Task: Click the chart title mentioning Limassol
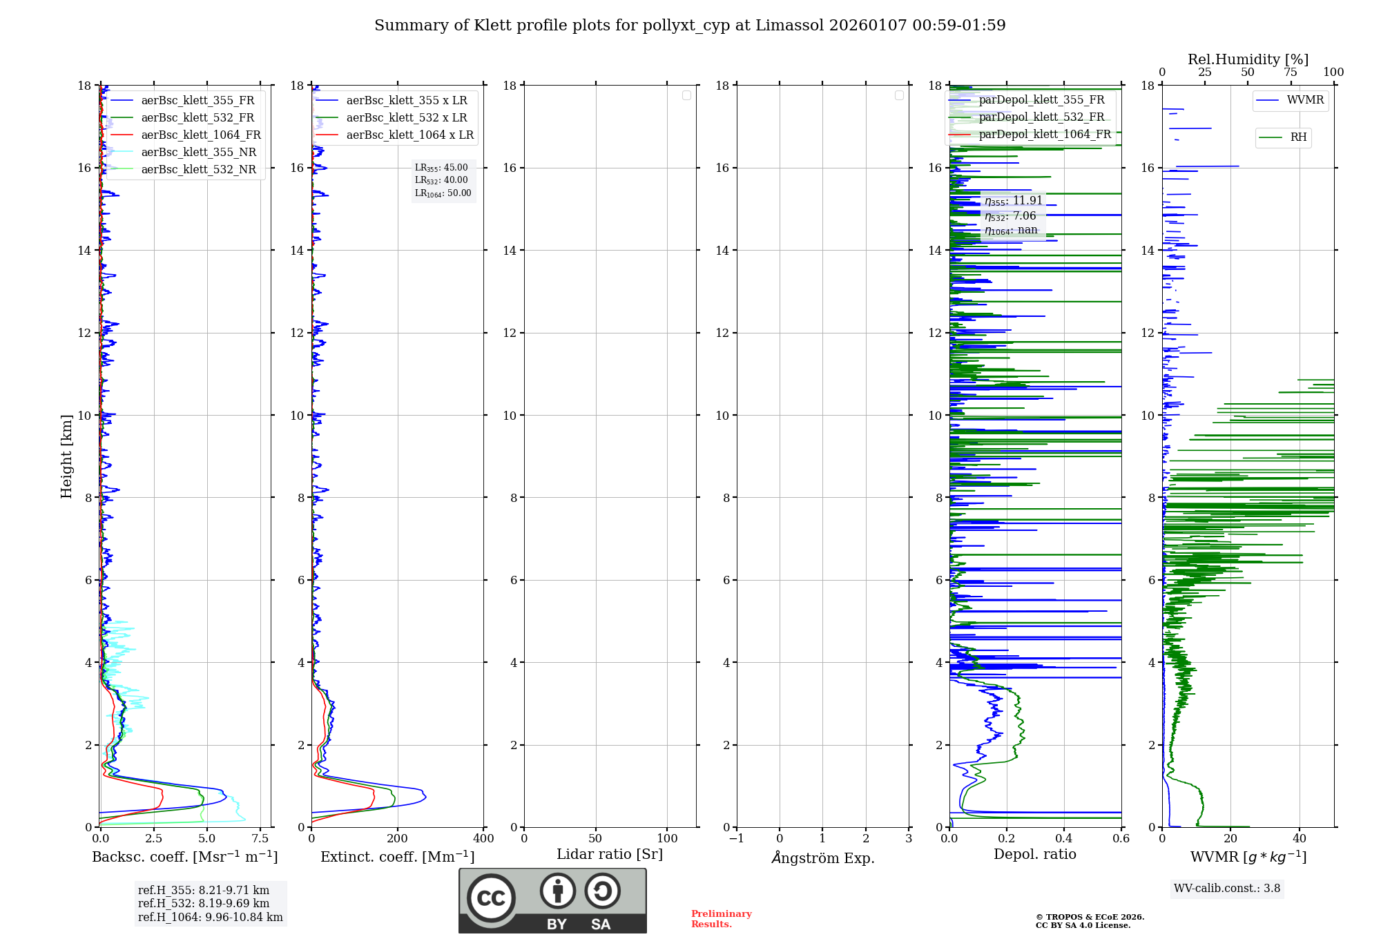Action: tap(689, 26)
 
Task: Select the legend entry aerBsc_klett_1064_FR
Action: tap(200, 135)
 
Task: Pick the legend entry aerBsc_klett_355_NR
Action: tap(198, 153)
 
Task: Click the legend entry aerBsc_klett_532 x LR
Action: tap(406, 118)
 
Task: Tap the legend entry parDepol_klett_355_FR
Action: tap(1041, 100)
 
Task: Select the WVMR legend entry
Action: tap(1304, 100)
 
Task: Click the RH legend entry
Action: tap(1298, 137)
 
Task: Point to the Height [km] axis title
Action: tap(66, 456)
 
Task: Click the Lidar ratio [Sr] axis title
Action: tap(609, 855)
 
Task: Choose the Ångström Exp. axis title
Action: tap(822, 858)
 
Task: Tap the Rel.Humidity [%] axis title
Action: tap(1248, 59)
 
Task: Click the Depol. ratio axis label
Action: tap(1034, 855)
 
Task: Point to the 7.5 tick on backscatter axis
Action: tap(260, 839)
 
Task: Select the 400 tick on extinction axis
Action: tap(483, 839)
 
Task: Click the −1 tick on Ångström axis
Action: tap(736, 839)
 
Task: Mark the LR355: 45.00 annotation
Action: tap(441, 168)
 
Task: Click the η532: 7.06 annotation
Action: tap(1010, 216)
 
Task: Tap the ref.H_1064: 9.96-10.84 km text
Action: tap(210, 918)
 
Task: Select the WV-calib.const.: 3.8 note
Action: tap(1226, 889)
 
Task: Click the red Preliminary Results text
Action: tap(721, 919)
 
